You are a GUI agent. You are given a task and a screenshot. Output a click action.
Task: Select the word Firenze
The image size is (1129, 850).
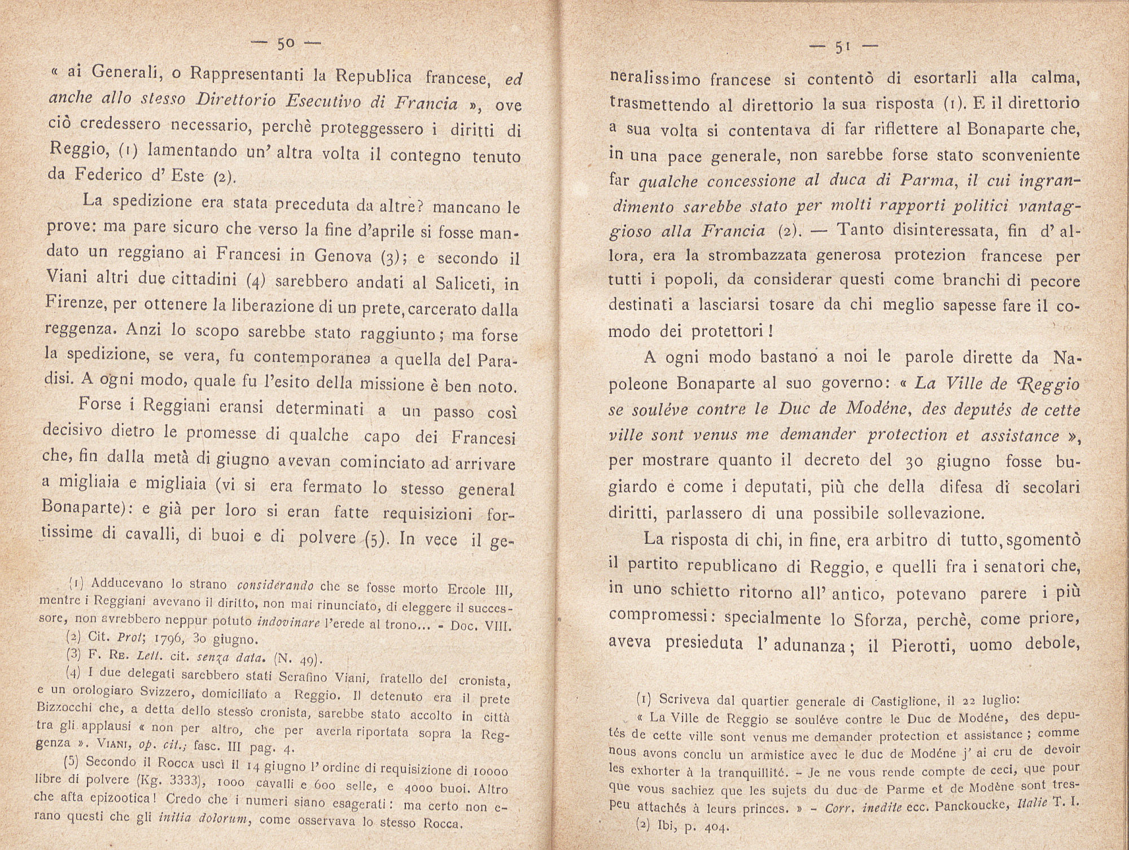[75, 304]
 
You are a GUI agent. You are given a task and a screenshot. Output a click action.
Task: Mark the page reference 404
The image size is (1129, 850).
[714, 829]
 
